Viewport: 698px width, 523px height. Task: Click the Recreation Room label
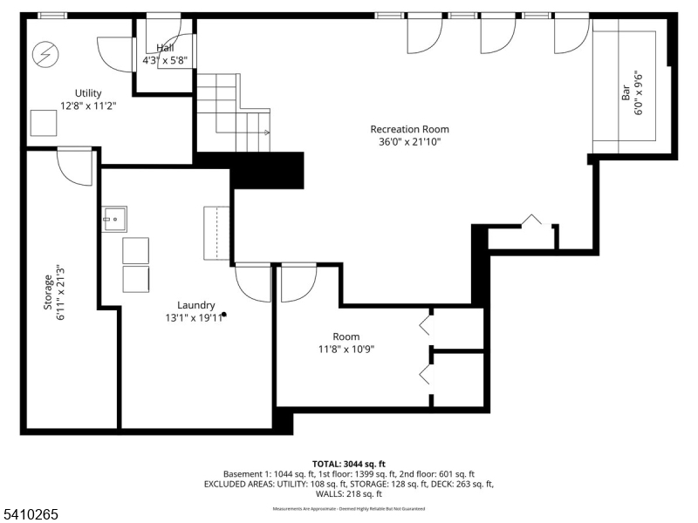[x=409, y=129]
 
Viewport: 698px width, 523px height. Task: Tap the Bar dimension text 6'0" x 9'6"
[x=640, y=87]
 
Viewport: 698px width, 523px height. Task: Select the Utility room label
[x=87, y=93]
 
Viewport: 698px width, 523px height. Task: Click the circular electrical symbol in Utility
[x=44, y=56]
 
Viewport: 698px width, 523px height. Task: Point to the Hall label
[x=165, y=48]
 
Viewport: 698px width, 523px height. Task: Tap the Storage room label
[x=49, y=293]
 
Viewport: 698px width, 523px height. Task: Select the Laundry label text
[x=196, y=305]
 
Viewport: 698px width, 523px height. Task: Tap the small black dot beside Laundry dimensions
[x=224, y=314]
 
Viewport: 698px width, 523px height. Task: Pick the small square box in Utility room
[x=44, y=123]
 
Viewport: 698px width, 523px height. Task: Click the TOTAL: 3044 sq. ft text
[x=349, y=463]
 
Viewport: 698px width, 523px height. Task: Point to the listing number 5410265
[x=31, y=514]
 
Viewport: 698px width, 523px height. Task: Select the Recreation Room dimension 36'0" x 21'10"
[x=410, y=141]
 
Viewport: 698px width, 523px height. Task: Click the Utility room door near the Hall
[x=113, y=54]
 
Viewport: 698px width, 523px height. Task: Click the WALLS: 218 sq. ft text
[x=349, y=494]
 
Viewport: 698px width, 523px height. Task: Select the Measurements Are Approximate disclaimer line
[x=349, y=508]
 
